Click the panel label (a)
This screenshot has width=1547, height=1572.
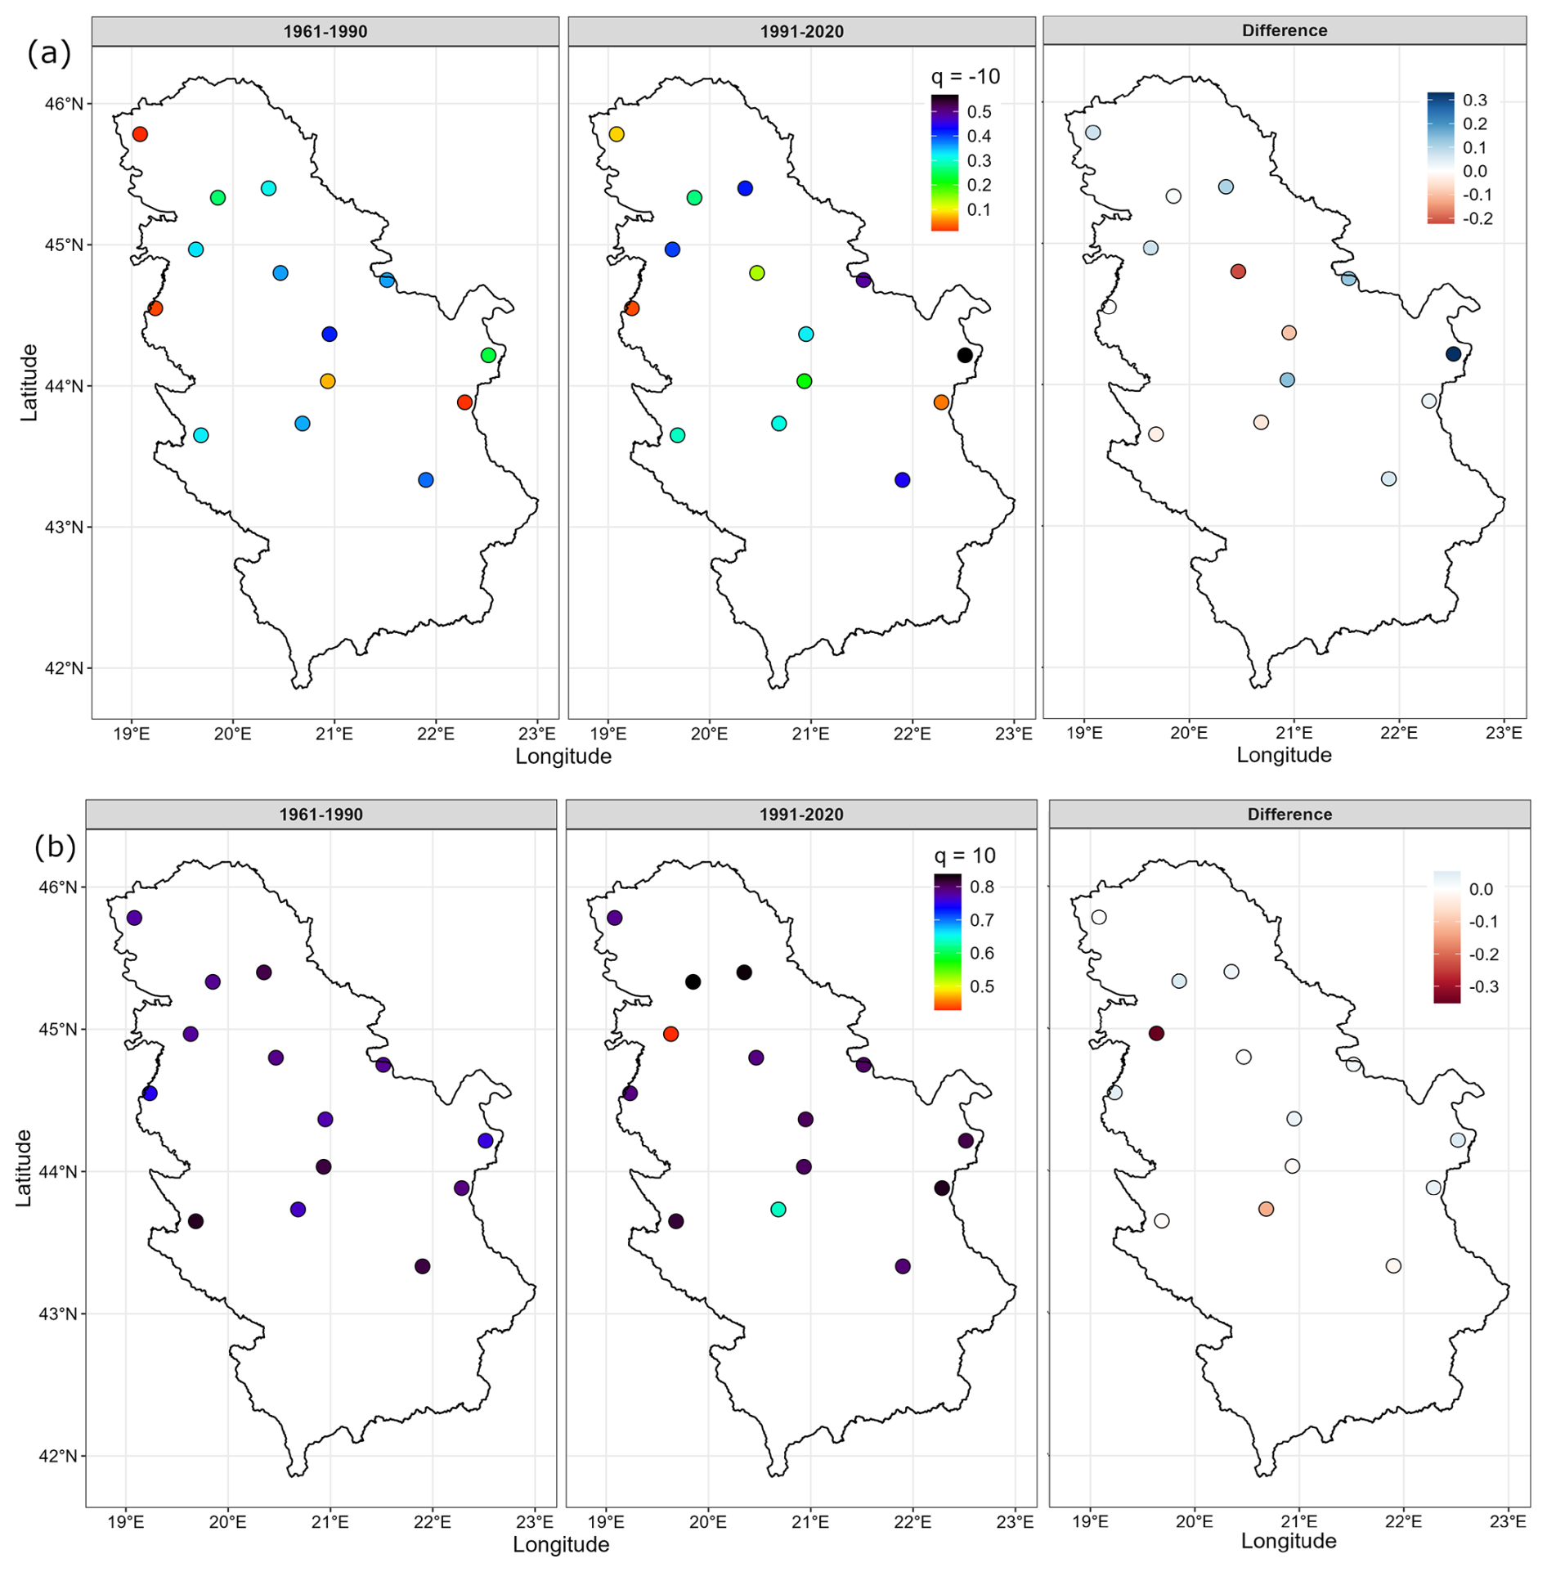tap(49, 54)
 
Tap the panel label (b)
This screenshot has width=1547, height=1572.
tap(55, 847)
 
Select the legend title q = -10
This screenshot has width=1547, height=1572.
tap(965, 77)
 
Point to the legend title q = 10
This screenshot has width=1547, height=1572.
tap(965, 856)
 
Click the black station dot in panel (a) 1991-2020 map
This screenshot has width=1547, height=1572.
tap(965, 355)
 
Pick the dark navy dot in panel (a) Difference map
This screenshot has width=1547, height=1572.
tap(1453, 354)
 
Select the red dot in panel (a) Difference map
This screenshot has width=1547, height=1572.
tap(1238, 272)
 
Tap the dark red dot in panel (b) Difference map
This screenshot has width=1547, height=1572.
tap(1156, 1033)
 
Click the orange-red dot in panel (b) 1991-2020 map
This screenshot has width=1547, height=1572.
tap(670, 1034)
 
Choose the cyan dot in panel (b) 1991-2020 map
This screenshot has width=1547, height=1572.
tap(778, 1209)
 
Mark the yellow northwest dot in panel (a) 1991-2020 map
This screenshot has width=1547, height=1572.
tap(617, 134)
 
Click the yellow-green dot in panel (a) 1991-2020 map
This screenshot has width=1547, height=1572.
tap(757, 273)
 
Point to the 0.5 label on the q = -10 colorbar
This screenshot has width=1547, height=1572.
tap(980, 112)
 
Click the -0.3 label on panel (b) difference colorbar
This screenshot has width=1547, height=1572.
tap(1483, 987)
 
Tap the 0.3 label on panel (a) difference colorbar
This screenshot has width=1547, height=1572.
tap(1475, 101)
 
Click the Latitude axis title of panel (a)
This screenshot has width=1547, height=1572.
tap(29, 383)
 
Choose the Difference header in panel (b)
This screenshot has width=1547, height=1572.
tap(1289, 815)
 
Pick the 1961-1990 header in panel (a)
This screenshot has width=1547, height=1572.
tap(325, 32)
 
